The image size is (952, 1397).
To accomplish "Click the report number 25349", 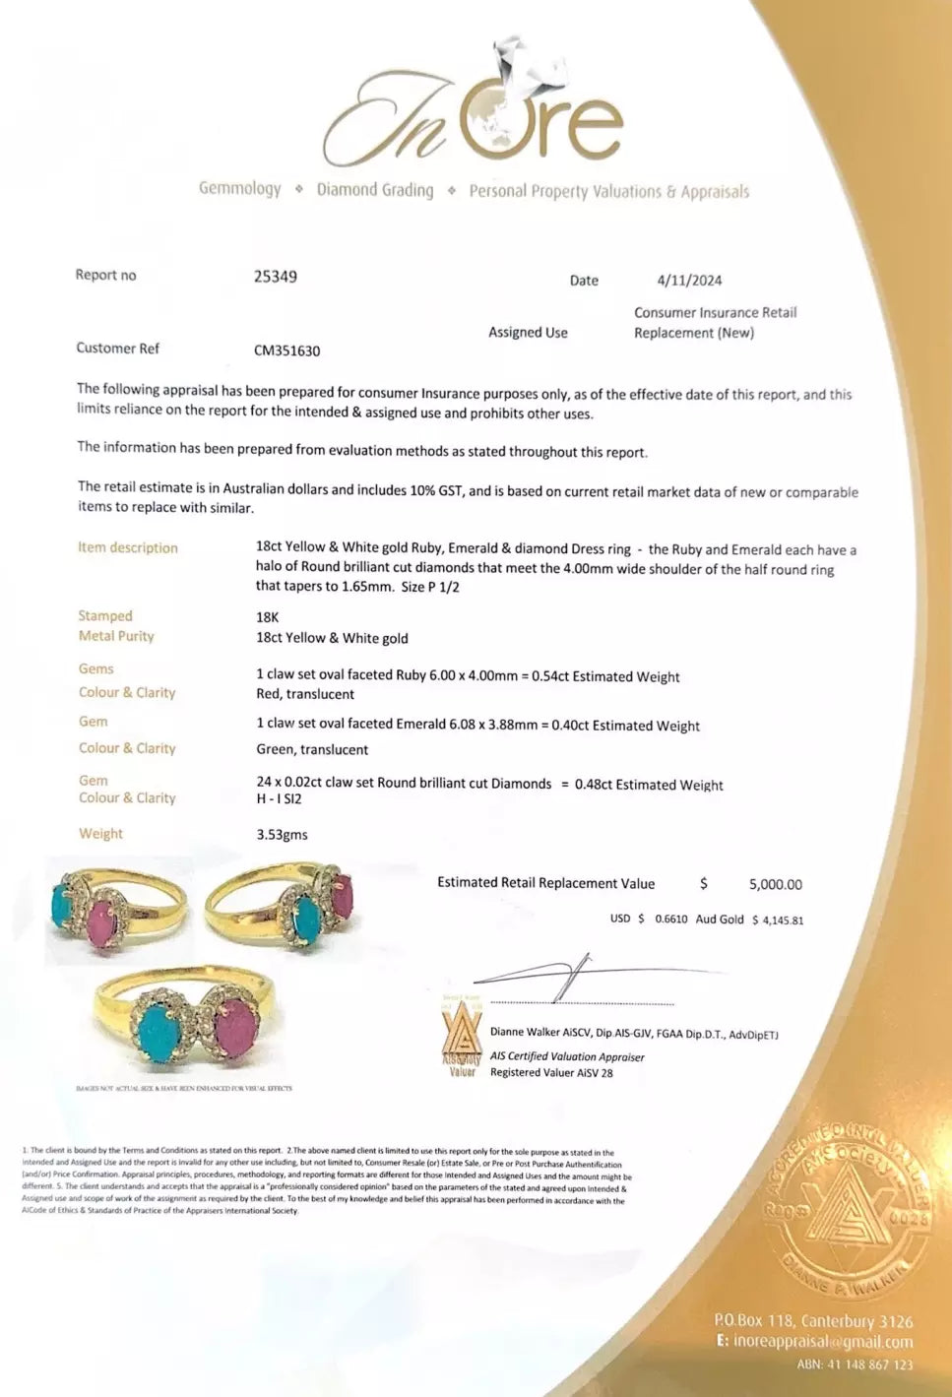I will [x=276, y=277].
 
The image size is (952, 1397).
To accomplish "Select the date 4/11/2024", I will [x=689, y=281].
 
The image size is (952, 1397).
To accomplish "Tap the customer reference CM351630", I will [x=287, y=350].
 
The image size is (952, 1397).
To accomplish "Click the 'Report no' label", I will [x=105, y=276].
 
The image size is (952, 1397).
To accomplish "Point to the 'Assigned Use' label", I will [x=528, y=333].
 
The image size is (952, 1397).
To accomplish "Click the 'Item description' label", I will [x=128, y=548].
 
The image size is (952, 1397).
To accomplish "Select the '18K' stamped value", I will [x=268, y=617].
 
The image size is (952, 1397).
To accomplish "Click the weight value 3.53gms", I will [x=282, y=835].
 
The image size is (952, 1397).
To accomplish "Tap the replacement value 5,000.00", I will [x=775, y=885].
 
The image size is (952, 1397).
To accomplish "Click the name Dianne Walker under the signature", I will [x=522, y=1034].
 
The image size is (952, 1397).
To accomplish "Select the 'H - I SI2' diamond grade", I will [x=279, y=799].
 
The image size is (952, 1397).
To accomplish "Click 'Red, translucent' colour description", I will [x=305, y=694].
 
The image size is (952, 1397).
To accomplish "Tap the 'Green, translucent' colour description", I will [x=312, y=750].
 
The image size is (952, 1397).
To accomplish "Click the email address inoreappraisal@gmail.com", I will [x=823, y=1342].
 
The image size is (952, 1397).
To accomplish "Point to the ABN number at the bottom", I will [x=855, y=1365].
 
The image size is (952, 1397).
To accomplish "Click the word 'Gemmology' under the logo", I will [x=239, y=188].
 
